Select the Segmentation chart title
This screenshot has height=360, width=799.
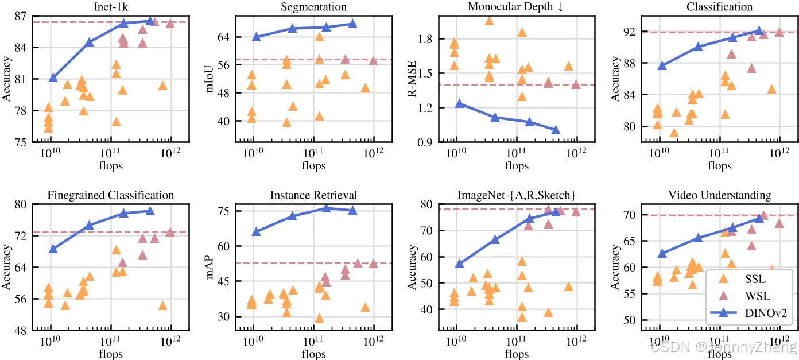pyautogui.click(x=313, y=7)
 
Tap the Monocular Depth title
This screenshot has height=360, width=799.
pyautogui.click(x=516, y=7)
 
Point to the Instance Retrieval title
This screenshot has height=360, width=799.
pyautogui.click(x=313, y=196)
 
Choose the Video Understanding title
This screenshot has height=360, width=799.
pyautogui.click(x=719, y=196)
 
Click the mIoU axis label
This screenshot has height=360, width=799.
pyautogui.click(x=210, y=79)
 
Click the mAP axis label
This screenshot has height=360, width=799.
pyautogui.click(x=210, y=267)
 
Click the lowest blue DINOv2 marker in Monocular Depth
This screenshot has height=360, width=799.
pyautogui.click(x=556, y=130)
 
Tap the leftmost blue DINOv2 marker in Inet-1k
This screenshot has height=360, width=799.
pyautogui.click(x=53, y=78)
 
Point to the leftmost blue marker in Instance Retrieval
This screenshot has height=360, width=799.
pyautogui.click(x=257, y=231)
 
